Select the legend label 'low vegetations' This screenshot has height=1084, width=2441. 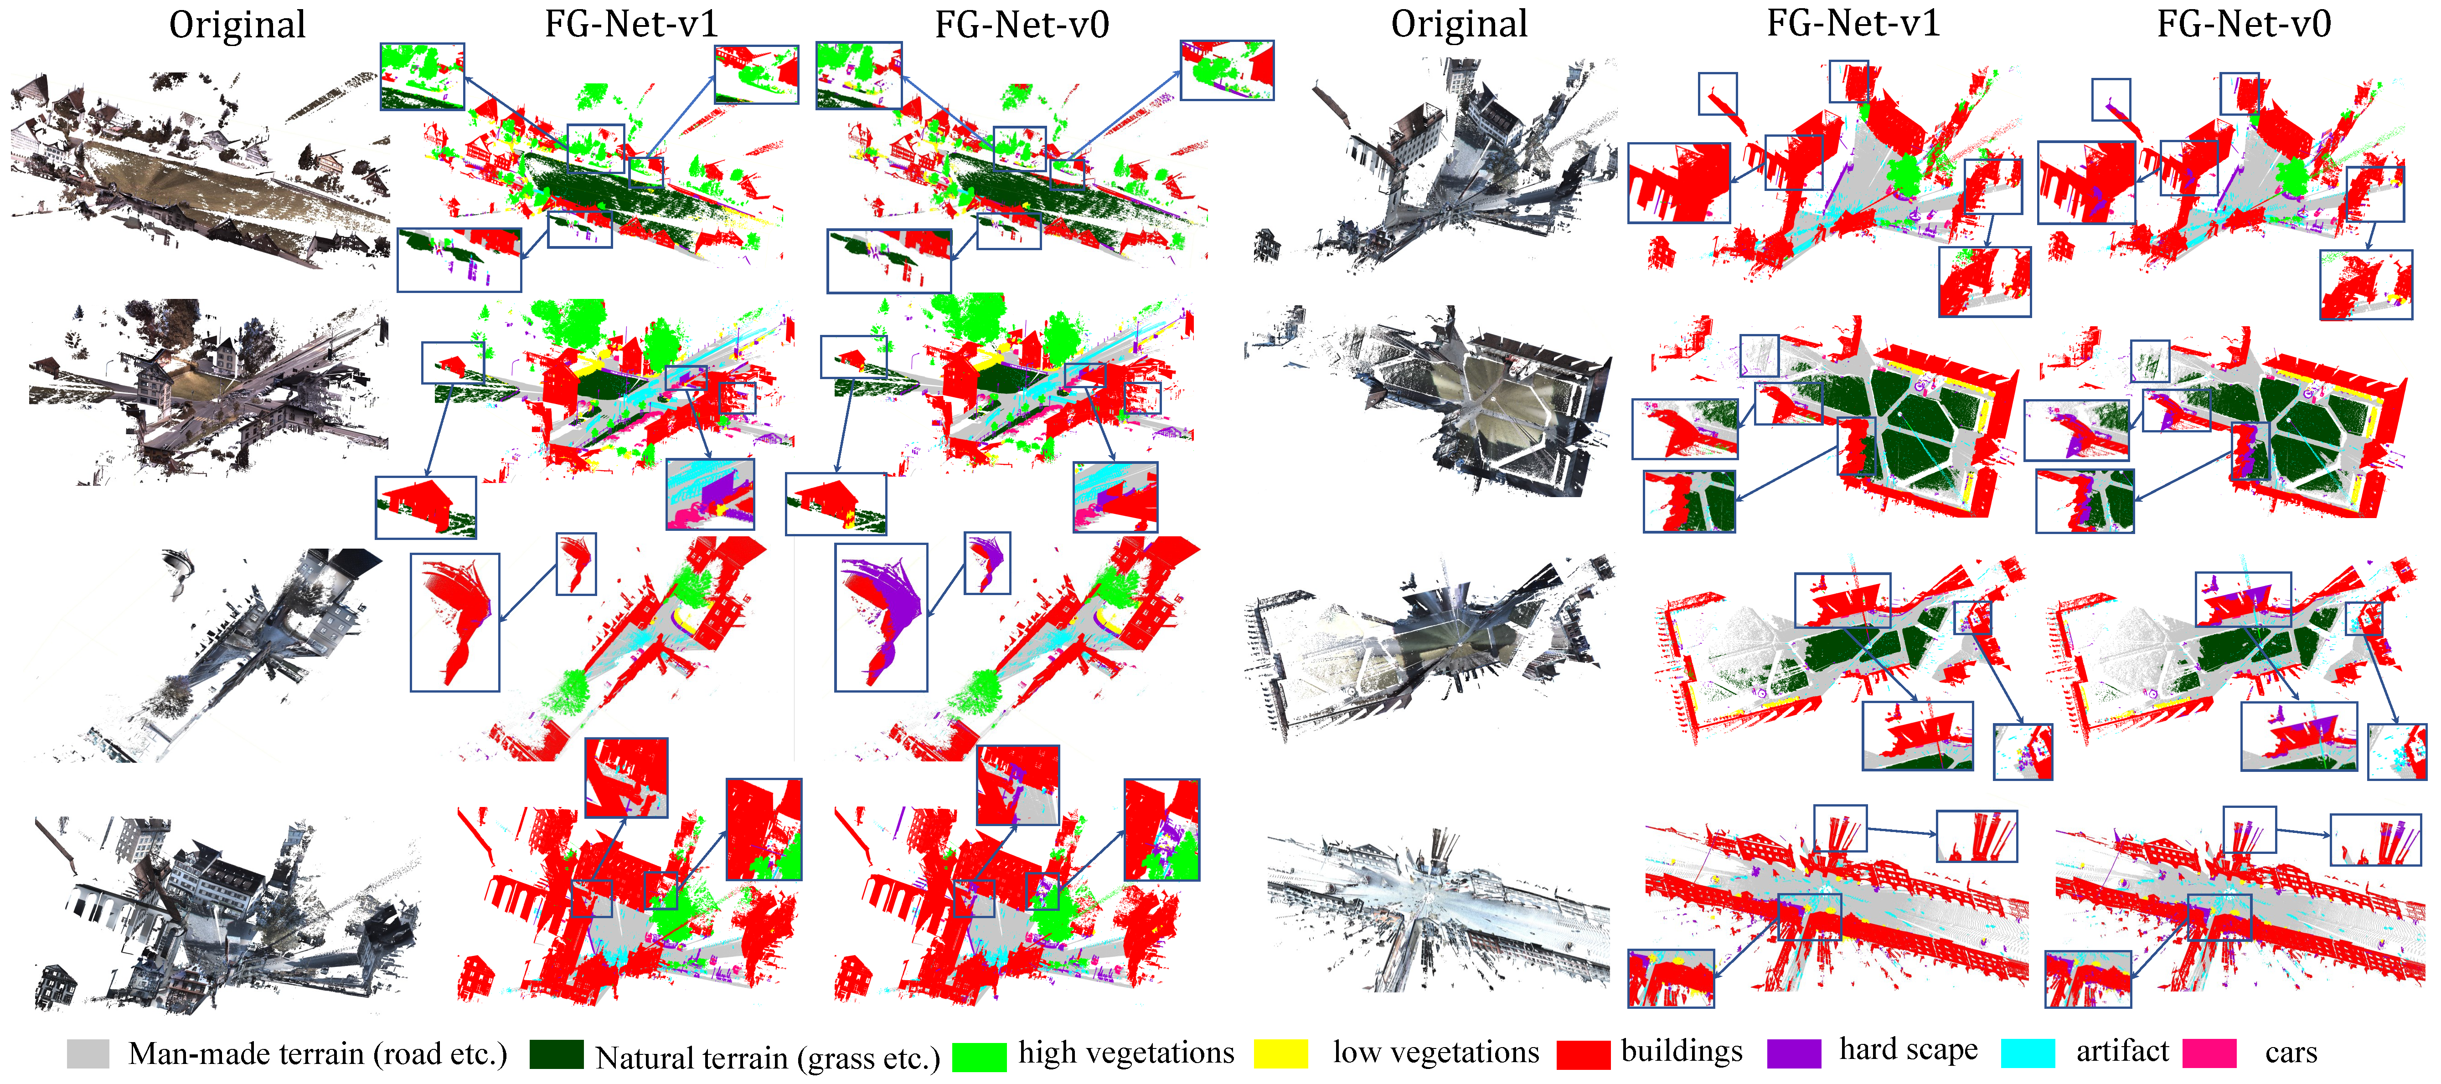point(1435,1052)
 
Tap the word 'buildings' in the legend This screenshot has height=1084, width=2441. point(1682,1051)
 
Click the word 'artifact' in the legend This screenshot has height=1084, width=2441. point(2123,1051)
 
